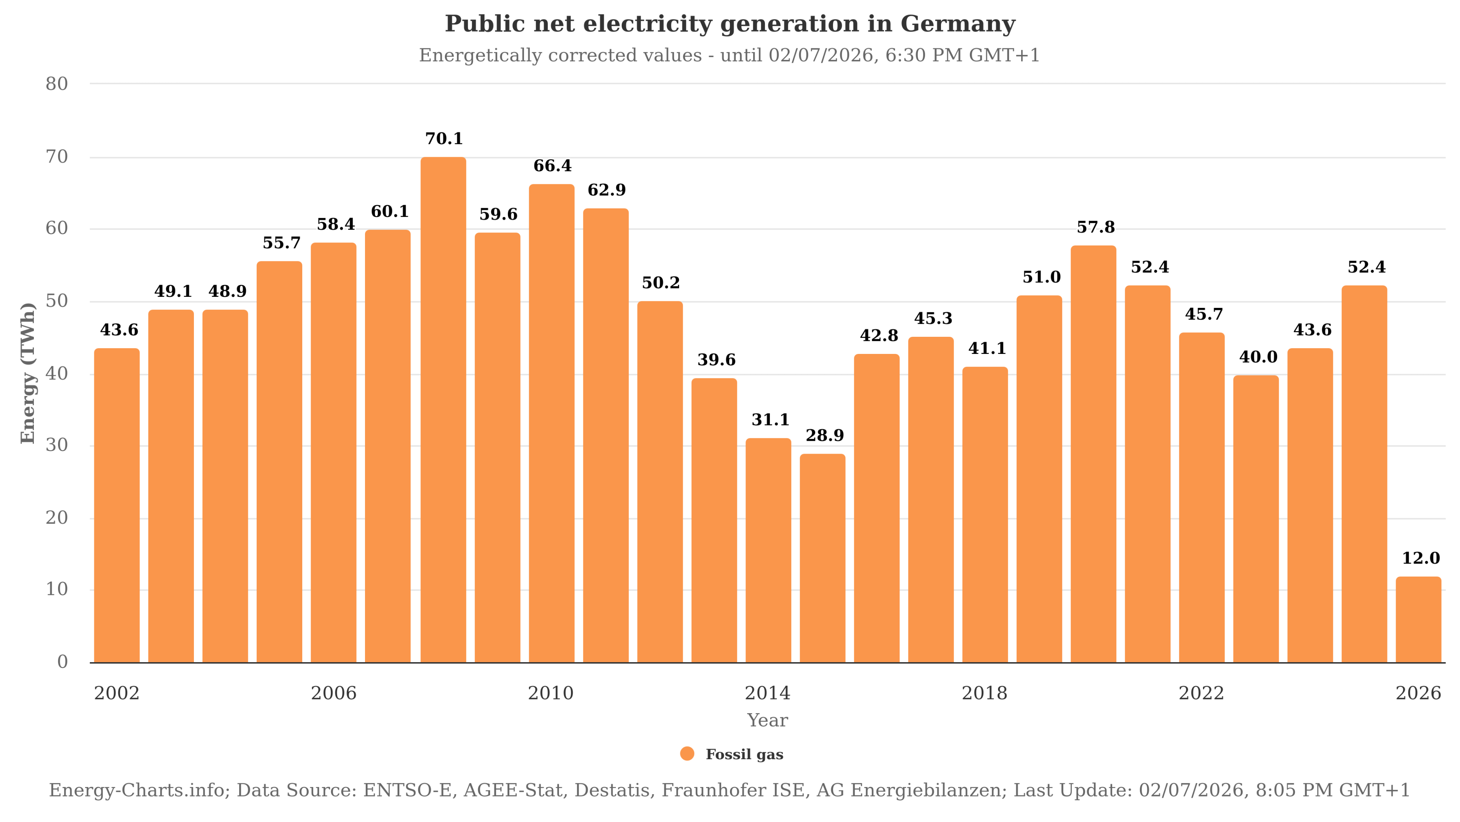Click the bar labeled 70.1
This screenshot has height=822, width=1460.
[443, 409]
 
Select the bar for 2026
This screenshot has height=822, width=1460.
[1418, 620]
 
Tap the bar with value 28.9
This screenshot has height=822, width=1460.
[822, 558]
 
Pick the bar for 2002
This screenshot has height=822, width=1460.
[117, 505]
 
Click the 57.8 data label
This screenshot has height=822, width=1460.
[1095, 228]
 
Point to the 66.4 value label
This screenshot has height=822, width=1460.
[552, 166]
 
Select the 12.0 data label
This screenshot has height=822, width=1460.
[1420, 558]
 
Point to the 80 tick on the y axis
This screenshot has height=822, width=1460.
[57, 84]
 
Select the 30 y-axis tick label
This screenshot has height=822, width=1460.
[57, 445]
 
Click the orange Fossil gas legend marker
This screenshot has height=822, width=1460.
[687, 754]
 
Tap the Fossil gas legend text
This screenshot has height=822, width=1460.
[744, 755]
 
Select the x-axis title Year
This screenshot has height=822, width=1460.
[767, 720]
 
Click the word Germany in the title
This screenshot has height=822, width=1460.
[957, 24]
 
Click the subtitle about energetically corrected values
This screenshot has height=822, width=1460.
[729, 56]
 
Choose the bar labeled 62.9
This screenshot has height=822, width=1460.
[606, 435]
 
